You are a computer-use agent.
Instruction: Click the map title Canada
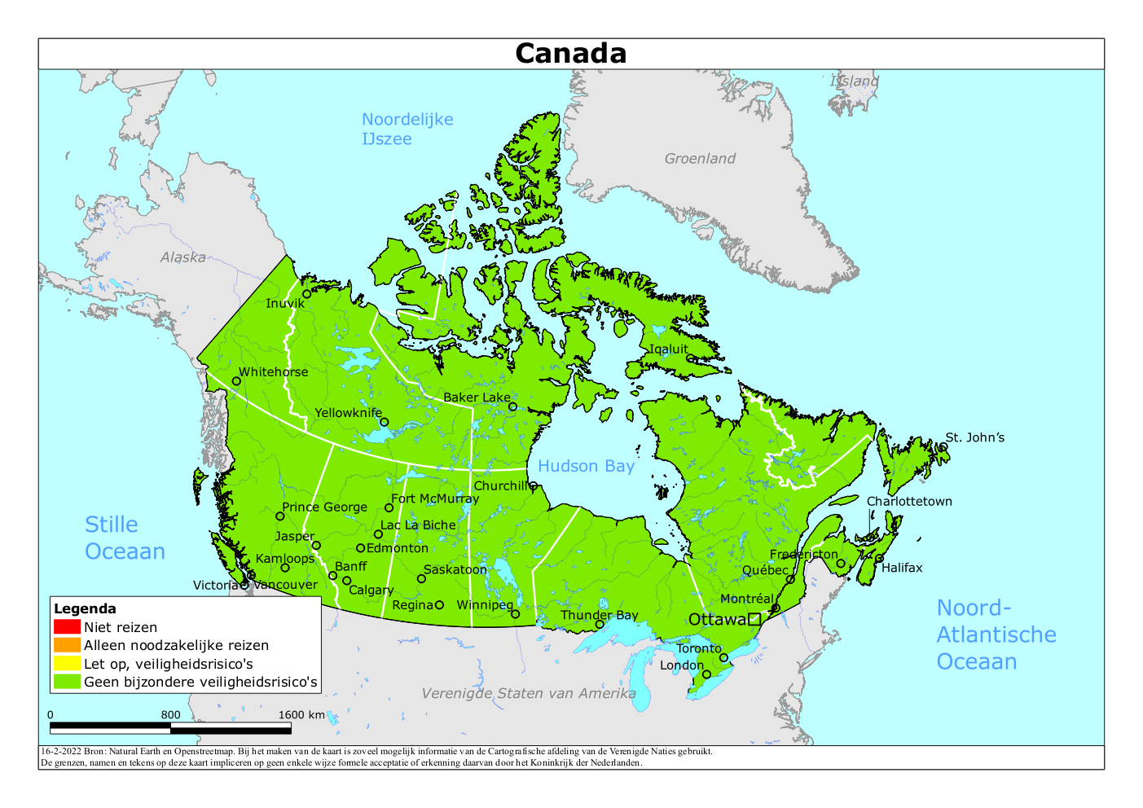570,53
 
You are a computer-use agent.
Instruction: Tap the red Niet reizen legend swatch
67,627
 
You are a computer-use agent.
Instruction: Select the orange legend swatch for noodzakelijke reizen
67,645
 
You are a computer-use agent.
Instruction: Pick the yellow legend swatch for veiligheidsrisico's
67,664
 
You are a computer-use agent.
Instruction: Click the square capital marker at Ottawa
754,619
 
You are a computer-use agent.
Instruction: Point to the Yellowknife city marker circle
385,422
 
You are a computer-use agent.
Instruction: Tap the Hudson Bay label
586,466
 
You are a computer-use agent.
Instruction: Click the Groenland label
700,159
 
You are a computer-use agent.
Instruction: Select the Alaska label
182,257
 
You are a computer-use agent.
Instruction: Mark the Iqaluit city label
668,349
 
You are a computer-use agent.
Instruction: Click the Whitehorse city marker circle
236,380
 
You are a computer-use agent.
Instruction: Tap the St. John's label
974,437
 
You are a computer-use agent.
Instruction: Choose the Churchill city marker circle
534,485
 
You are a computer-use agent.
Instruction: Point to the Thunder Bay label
599,615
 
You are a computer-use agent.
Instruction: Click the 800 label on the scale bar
170,715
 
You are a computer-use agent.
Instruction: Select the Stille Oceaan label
125,538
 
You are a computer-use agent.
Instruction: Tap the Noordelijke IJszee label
407,129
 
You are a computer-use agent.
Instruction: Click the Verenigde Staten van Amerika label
529,693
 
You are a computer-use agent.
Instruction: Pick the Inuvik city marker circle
307,294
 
